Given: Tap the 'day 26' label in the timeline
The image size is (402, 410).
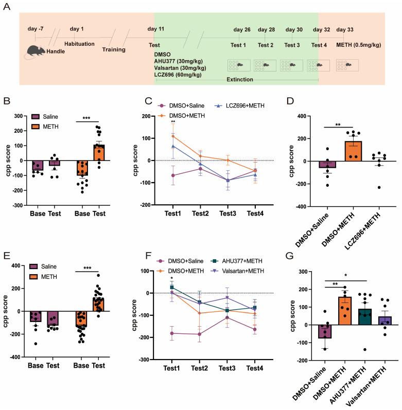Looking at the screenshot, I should (x=241, y=29).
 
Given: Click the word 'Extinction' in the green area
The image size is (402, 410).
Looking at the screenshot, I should (x=239, y=80).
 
